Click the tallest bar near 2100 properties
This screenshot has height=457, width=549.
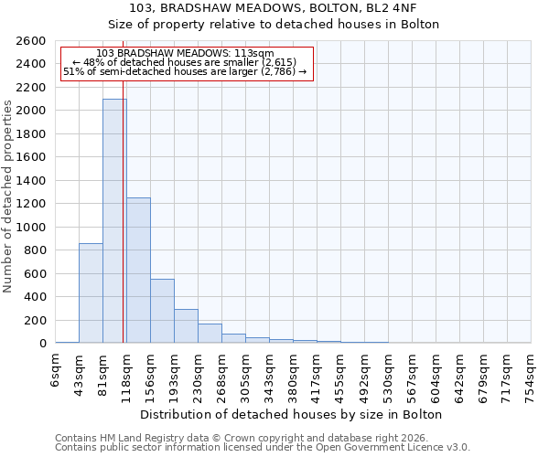114,220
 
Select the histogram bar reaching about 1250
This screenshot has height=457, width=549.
138,270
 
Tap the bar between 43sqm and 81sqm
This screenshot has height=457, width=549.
91,292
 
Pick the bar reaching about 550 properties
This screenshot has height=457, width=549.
162,311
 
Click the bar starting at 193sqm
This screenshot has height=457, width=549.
186,326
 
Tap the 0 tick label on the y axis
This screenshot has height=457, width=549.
42,344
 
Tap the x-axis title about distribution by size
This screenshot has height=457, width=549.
293,415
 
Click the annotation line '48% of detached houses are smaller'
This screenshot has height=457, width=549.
186,62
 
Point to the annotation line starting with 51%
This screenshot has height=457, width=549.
186,71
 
